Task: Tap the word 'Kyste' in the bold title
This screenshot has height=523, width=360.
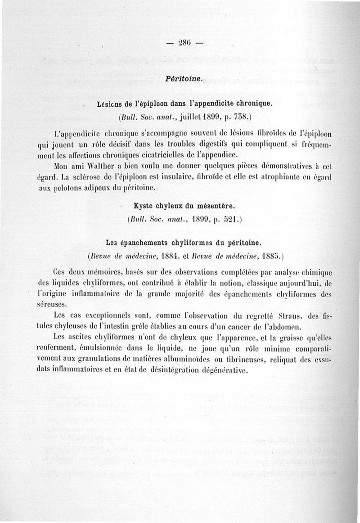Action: tap(144, 206)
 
